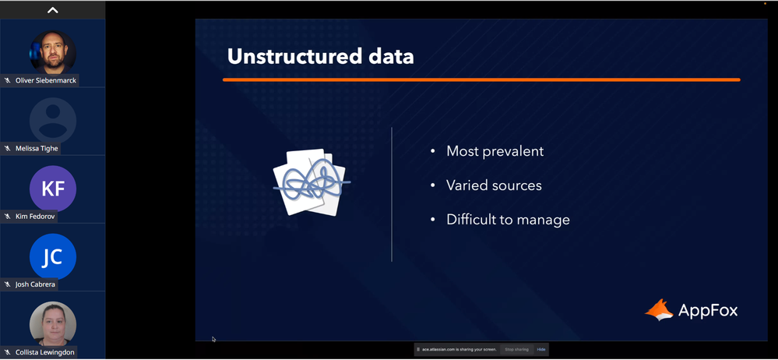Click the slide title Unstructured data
(321, 56)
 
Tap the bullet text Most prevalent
(495, 151)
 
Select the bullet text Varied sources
(494, 185)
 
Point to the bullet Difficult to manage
(508, 220)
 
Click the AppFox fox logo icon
(659, 310)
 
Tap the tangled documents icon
(311, 182)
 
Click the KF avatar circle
(53, 189)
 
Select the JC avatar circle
(53, 256)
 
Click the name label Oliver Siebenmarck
(46, 80)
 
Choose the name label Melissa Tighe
(37, 149)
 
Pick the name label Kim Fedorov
(35, 217)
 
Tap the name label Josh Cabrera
(35, 284)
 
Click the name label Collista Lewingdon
(44, 352)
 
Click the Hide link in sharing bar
(540, 350)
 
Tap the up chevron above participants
(53, 10)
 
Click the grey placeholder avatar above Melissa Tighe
(53, 121)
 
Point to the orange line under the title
(481, 79)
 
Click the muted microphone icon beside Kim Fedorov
(8, 217)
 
